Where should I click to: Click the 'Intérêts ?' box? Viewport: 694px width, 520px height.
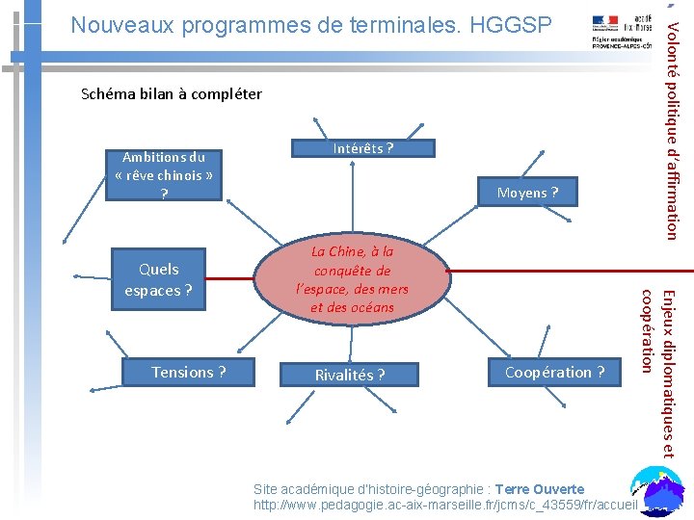pyautogui.click(x=362, y=148)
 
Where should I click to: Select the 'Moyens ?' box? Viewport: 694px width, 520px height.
pyautogui.click(x=527, y=193)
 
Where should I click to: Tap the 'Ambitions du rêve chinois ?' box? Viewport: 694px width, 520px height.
pyautogui.click(x=163, y=175)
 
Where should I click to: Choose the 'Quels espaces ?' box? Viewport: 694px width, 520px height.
pyautogui.click(x=158, y=279)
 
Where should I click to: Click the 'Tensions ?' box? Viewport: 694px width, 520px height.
pyautogui.click(x=189, y=372)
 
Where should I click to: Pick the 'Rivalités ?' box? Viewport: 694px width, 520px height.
pyautogui.click(x=349, y=375)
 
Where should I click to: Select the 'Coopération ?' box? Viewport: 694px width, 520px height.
pyautogui.click(x=555, y=372)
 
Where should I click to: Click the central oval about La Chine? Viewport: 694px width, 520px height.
pyautogui.click(x=353, y=279)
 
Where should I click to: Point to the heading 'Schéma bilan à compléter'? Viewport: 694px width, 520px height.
pyautogui.click(x=172, y=93)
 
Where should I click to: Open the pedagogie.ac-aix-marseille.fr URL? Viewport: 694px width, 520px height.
pyautogui.click(x=444, y=505)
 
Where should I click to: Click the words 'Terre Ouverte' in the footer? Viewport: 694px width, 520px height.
pyautogui.click(x=540, y=489)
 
